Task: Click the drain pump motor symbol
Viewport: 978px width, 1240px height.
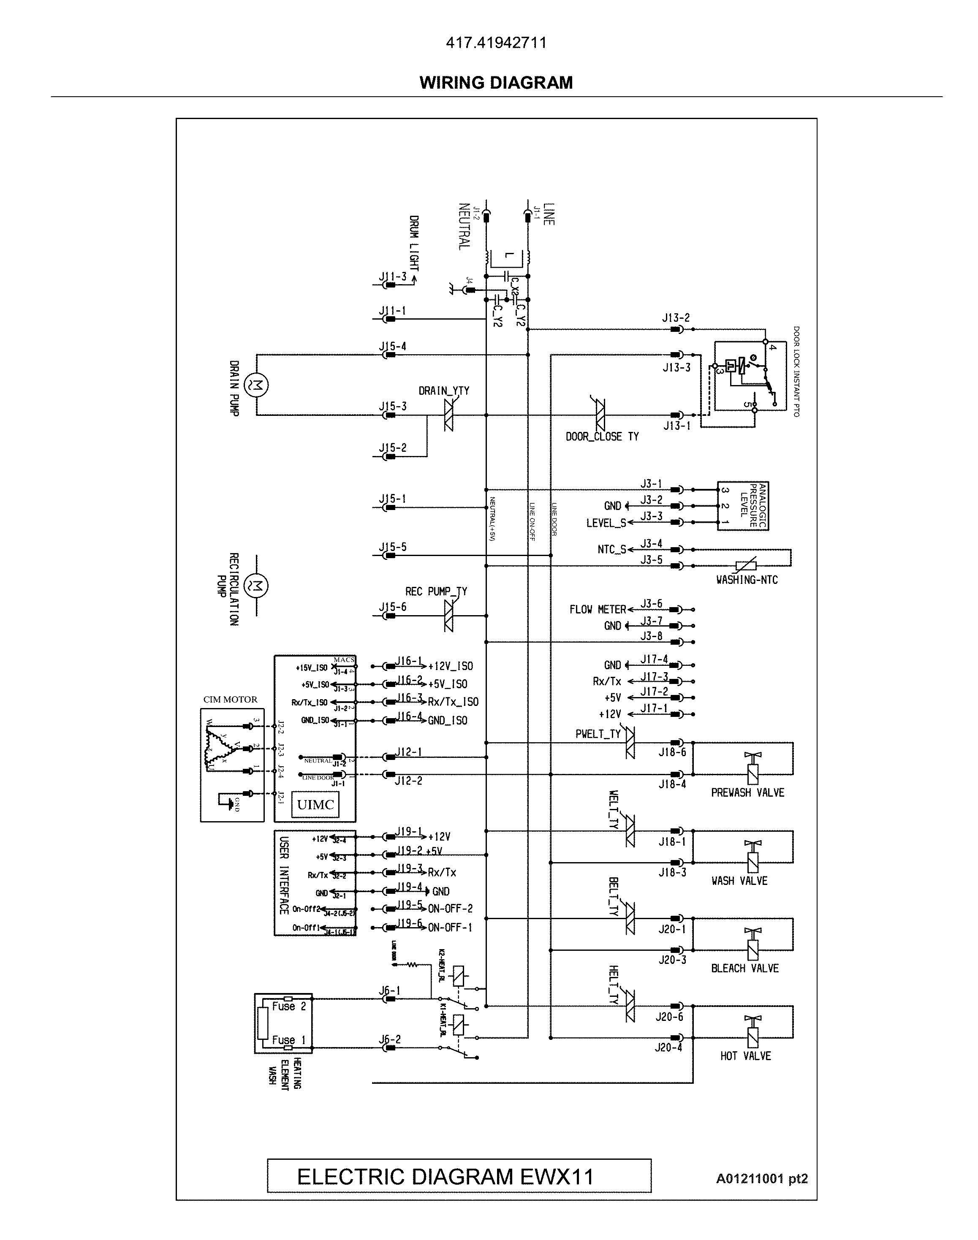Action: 256,385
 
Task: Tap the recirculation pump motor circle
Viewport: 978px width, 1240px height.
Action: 256,585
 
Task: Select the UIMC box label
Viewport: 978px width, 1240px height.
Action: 315,804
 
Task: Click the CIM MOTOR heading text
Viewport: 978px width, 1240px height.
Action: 230,700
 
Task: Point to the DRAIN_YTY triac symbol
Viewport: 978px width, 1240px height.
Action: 448,415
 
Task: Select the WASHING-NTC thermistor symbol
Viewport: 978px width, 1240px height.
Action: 746,566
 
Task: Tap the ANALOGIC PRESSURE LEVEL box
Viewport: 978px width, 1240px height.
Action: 743,506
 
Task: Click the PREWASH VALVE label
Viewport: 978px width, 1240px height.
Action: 747,793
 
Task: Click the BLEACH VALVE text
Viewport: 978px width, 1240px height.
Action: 744,969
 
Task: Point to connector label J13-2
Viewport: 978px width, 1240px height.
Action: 676,318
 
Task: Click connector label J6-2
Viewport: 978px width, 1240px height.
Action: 390,1039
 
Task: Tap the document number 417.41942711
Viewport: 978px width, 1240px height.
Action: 496,43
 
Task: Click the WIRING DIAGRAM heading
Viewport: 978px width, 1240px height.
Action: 496,83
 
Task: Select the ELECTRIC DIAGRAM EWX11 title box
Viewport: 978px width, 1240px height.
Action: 459,1176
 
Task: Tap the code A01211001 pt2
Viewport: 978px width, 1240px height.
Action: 761,1178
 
